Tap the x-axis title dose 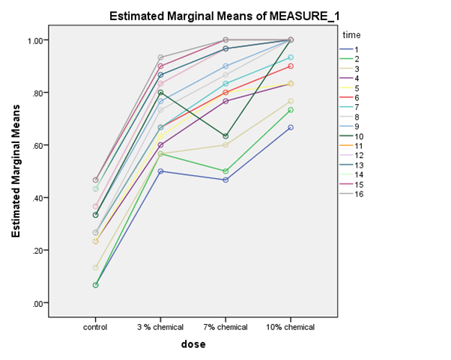point(193,344)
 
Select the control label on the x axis point(95,327)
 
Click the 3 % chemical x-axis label point(160,327)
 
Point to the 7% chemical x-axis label point(225,327)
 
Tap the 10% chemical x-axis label point(291,327)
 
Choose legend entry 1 point(357,49)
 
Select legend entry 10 point(359,136)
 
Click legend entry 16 point(359,195)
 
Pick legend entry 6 point(357,97)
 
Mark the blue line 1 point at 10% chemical point(291,127)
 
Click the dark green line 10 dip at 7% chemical point(225,136)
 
